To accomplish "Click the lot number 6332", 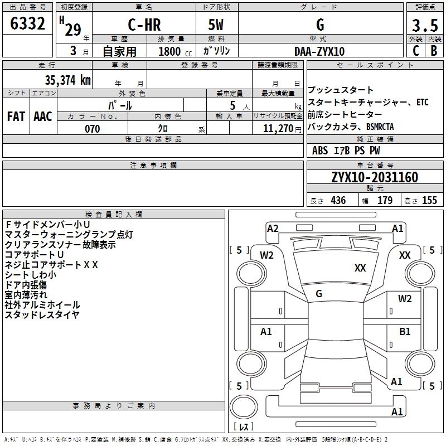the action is point(27,23).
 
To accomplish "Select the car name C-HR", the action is point(144,25).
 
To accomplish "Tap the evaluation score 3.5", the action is point(425,25).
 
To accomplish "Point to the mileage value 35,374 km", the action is point(68,80).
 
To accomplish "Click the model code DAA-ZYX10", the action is point(319,51).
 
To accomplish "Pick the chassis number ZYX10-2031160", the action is point(375,177).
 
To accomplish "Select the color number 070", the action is point(93,129).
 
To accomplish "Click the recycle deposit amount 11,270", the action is point(278,129).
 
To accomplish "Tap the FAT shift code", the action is point(16,117).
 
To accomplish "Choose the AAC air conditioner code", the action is point(43,117).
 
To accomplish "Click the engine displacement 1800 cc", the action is point(175,51).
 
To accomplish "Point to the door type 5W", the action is point(216,25).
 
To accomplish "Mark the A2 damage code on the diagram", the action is point(273,229).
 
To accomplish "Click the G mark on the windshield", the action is point(319,294).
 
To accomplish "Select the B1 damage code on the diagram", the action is point(405,331).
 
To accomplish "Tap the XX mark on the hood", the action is point(360,268).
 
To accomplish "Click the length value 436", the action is point(338,200).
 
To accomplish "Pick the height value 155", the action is point(429,200).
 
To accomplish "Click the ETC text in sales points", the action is point(423,102).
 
